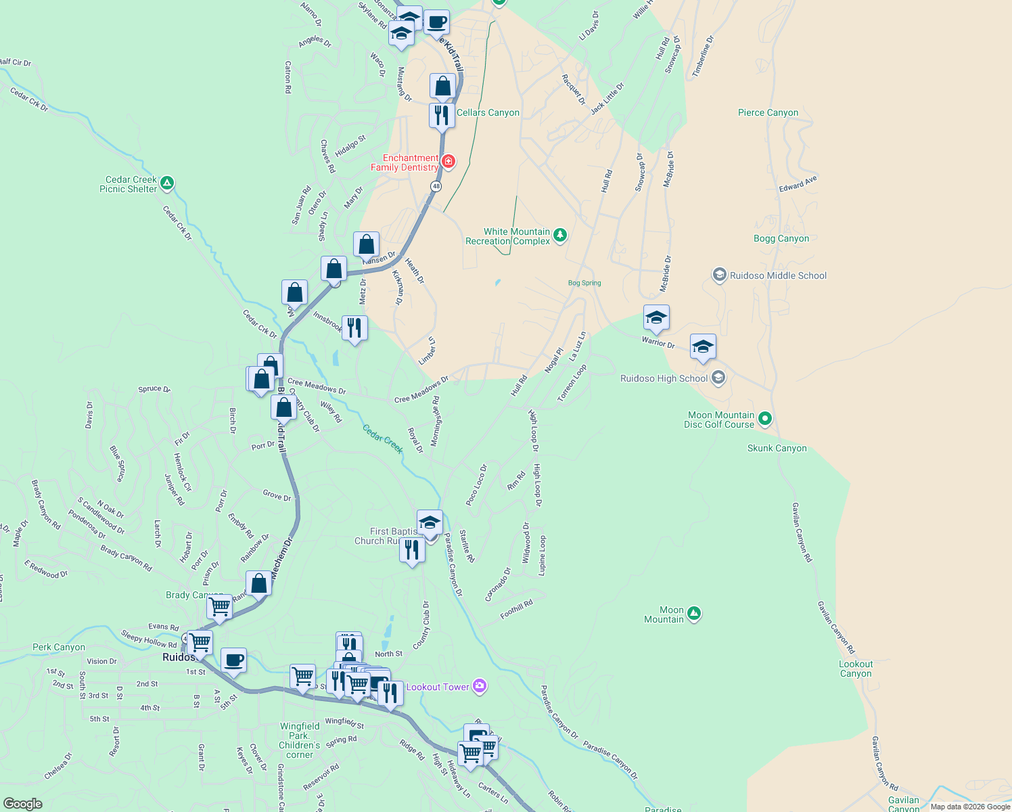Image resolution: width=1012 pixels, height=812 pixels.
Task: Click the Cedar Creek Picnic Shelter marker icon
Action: (167, 183)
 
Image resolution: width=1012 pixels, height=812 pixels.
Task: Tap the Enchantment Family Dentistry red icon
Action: (448, 161)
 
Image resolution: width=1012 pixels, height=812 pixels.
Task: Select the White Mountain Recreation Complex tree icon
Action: (559, 235)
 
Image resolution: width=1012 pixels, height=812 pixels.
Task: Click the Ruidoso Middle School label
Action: (778, 275)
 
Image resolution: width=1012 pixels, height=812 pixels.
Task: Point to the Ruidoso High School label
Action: (664, 378)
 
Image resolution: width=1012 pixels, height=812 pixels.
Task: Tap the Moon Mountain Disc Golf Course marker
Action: (764, 419)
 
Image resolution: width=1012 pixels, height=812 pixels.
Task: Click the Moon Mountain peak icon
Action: (693, 614)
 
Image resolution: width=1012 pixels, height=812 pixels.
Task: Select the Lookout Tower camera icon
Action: (480, 687)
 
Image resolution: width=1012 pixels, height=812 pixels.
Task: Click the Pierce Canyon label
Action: (768, 112)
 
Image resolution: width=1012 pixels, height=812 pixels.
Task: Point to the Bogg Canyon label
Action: (781, 238)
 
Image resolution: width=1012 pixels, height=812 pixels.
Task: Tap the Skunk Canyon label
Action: (777, 448)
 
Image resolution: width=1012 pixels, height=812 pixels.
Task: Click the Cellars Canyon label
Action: (488, 112)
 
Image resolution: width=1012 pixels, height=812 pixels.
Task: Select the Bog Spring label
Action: (584, 283)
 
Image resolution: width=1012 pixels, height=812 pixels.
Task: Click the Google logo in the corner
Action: (23, 803)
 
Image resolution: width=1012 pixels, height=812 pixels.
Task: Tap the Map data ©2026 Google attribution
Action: (970, 807)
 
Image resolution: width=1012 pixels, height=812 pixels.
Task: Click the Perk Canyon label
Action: (59, 647)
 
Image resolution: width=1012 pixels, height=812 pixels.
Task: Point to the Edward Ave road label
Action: (798, 183)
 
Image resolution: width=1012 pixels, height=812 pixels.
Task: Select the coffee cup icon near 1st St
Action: (233, 660)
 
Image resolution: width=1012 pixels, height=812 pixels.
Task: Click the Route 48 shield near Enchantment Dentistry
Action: (436, 186)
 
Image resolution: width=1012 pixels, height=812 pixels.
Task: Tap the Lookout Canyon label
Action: (856, 669)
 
